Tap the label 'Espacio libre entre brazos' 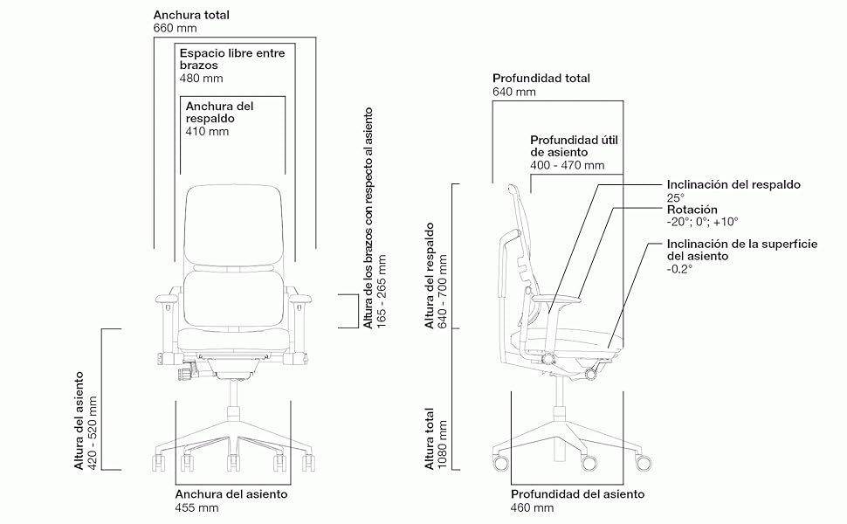[x=231, y=59]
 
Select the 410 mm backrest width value [x=207, y=132]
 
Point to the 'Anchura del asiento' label [x=231, y=494]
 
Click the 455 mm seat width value [x=197, y=507]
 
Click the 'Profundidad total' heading [x=541, y=78]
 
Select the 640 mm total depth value [x=513, y=92]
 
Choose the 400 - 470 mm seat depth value [x=567, y=165]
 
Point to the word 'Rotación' [x=692, y=210]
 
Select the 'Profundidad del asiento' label [x=577, y=494]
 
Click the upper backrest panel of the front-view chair [x=236, y=224]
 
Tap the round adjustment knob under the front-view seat [x=185, y=373]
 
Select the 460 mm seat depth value [x=532, y=507]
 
